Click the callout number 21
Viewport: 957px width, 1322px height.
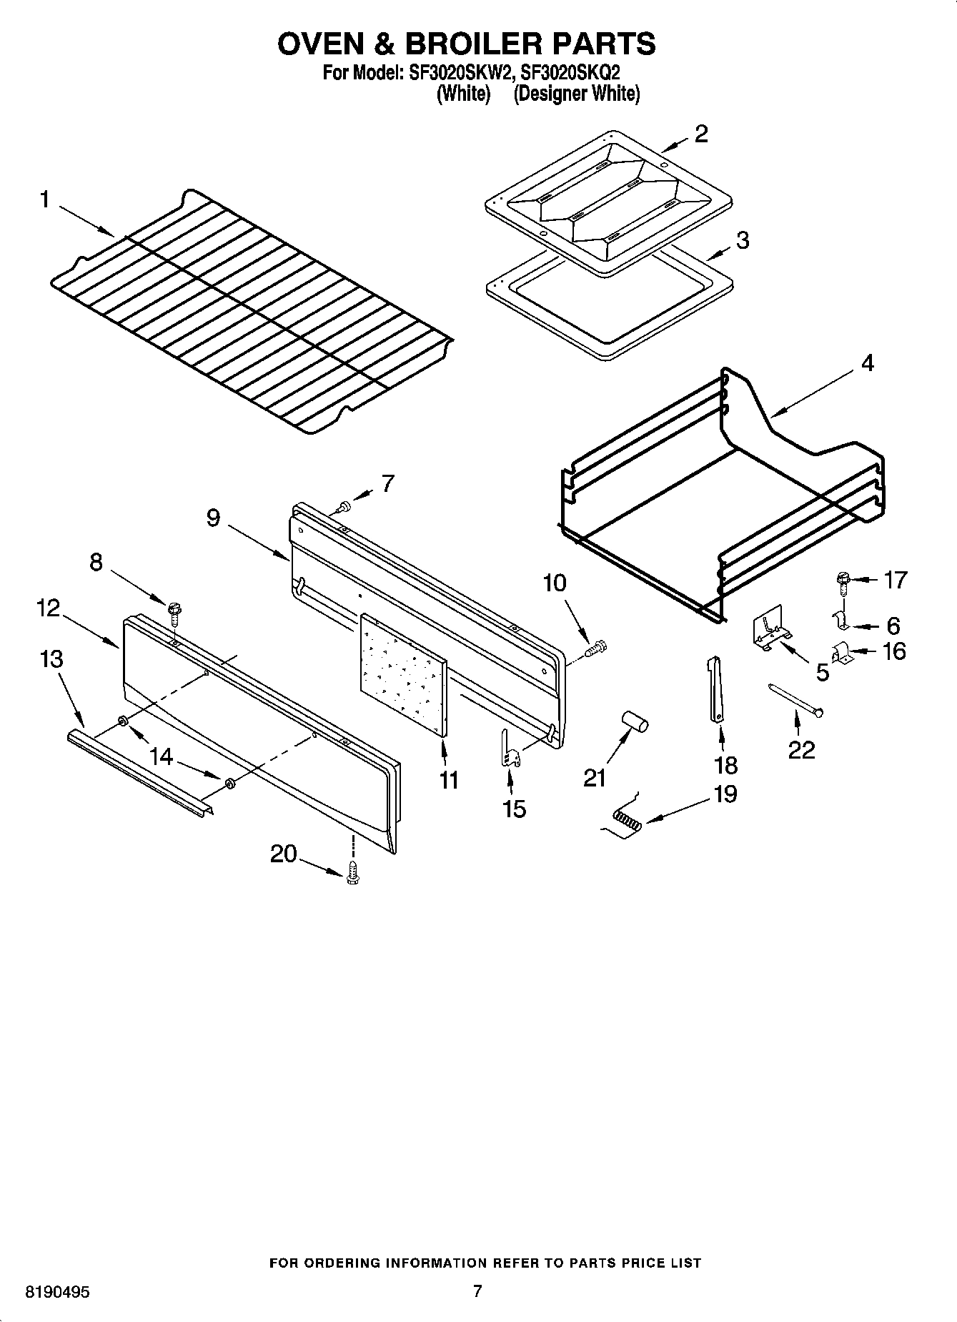pyautogui.click(x=595, y=777)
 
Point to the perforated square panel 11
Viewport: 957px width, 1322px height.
pyautogui.click(x=404, y=673)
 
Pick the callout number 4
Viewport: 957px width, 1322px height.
pyautogui.click(x=867, y=363)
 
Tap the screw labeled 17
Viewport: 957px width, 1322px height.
pyautogui.click(x=843, y=581)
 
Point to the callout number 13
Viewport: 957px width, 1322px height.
pyautogui.click(x=51, y=658)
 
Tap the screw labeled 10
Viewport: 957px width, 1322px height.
pyautogui.click(x=597, y=648)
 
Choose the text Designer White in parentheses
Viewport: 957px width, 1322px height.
pyautogui.click(x=576, y=94)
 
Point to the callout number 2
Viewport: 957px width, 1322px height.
pyautogui.click(x=701, y=134)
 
